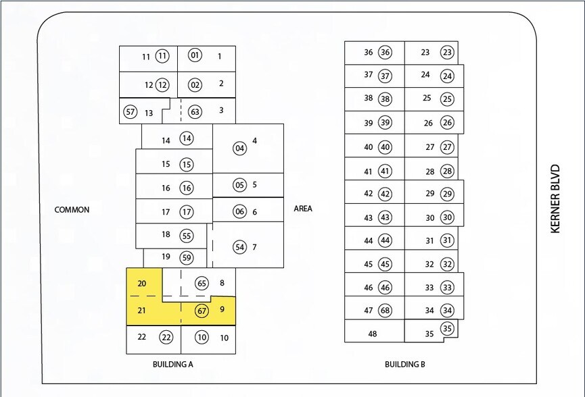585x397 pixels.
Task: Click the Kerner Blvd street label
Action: click(x=556, y=198)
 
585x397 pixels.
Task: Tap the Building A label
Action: click(x=173, y=364)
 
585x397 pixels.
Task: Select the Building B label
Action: click(x=404, y=365)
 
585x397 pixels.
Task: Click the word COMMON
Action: click(x=72, y=210)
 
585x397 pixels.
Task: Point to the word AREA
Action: click(x=303, y=209)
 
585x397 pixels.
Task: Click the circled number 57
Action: click(x=131, y=111)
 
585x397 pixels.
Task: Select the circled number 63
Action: click(x=195, y=111)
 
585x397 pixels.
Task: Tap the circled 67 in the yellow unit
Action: click(x=202, y=311)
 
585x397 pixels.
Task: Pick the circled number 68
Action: click(x=385, y=311)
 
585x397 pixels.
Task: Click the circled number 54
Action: click(x=239, y=247)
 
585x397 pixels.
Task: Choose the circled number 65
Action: click(x=202, y=284)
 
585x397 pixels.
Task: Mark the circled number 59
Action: click(x=187, y=257)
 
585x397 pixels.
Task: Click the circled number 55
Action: click(x=187, y=236)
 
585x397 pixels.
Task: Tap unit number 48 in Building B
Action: click(x=372, y=334)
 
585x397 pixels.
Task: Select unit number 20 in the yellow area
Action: click(x=141, y=284)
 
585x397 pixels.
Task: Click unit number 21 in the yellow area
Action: click(x=141, y=311)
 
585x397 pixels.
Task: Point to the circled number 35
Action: click(x=447, y=329)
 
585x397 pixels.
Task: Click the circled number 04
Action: click(x=239, y=149)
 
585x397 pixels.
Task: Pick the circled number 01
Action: click(x=195, y=55)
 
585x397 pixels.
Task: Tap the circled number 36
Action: click(x=385, y=52)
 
